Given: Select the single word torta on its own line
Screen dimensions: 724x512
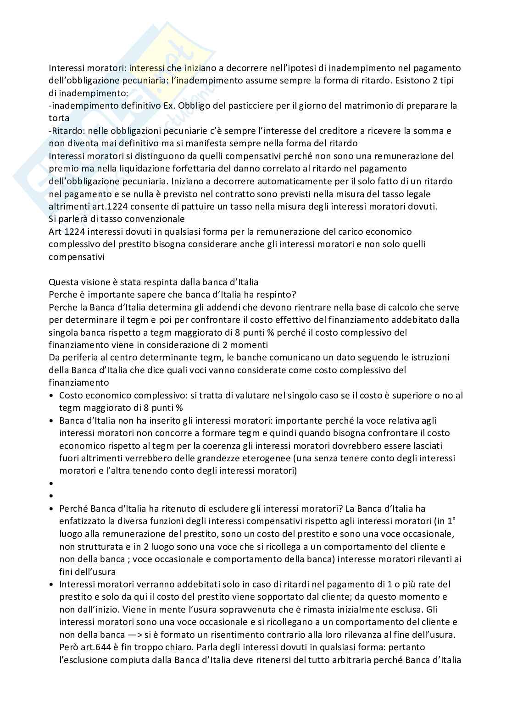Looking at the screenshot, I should pyautogui.click(x=59, y=118).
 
